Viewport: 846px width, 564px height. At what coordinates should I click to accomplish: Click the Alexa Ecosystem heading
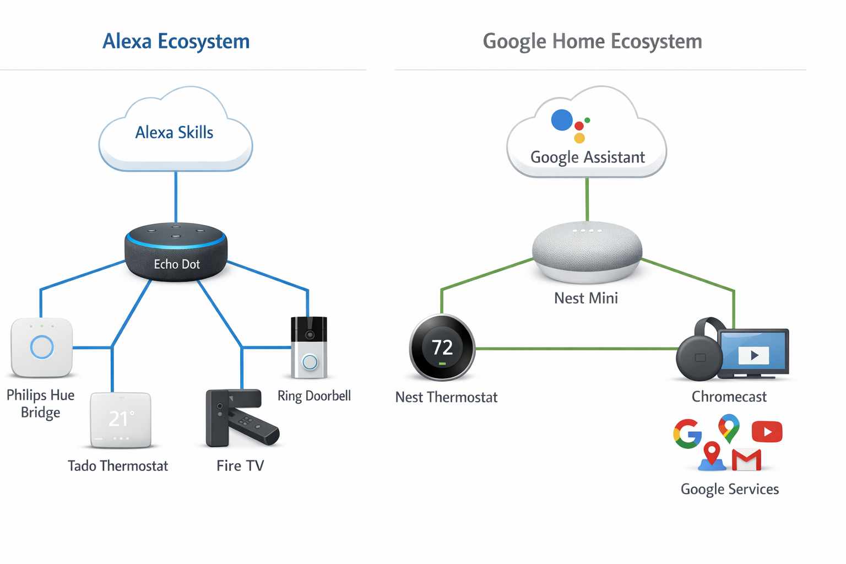(x=176, y=41)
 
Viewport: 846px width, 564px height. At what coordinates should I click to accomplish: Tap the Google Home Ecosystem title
(x=592, y=41)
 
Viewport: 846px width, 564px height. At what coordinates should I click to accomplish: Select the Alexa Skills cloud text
(x=174, y=132)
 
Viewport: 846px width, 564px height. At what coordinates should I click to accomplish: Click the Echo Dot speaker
(x=176, y=253)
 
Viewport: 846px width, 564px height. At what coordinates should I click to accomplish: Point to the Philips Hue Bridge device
(x=41, y=347)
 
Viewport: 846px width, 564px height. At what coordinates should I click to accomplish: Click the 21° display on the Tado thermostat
(x=121, y=419)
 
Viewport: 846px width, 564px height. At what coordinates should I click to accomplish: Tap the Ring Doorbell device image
(x=309, y=347)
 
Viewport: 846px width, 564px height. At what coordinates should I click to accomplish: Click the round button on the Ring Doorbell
(x=310, y=362)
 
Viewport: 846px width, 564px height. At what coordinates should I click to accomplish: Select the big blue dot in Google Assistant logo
(x=562, y=120)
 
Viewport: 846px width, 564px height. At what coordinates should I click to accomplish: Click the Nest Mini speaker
(x=587, y=251)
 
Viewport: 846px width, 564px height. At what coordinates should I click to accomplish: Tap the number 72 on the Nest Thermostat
(x=442, y=348)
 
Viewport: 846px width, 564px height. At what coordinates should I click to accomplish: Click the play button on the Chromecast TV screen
(x=754, y=355)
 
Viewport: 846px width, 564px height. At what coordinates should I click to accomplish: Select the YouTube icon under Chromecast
(x=767, y=432)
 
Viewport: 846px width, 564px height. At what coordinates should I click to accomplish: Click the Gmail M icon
(x=746, y=460)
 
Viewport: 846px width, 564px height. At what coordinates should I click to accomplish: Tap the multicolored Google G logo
(x=687, y=433)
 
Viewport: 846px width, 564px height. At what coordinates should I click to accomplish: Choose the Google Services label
(x=729, y=489)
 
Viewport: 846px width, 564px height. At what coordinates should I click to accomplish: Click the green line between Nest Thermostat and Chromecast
(x=576, y=349)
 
